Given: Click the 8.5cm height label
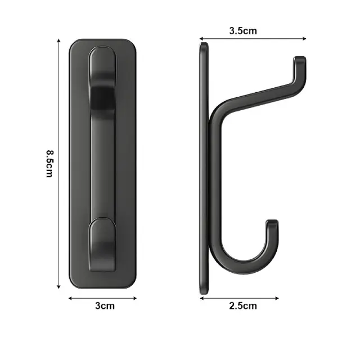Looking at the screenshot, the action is (x=49, y=164).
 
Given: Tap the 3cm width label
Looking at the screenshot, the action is (x=105, y=306).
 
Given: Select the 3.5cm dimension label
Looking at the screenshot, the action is (x=243, y=31).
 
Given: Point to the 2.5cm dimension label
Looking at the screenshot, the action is (x=243, y=306).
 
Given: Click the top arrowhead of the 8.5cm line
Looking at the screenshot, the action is (x=58, y=40).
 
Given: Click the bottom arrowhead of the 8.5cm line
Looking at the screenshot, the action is (x=58, y=287).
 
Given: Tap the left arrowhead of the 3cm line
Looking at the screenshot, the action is (x=70, y=298).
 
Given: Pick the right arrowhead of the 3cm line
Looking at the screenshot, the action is (x=135, y=298).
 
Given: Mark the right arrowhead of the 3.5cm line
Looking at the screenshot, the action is (x=304, y=39).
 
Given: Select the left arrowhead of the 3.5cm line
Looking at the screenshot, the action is (x=201, y=39).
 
